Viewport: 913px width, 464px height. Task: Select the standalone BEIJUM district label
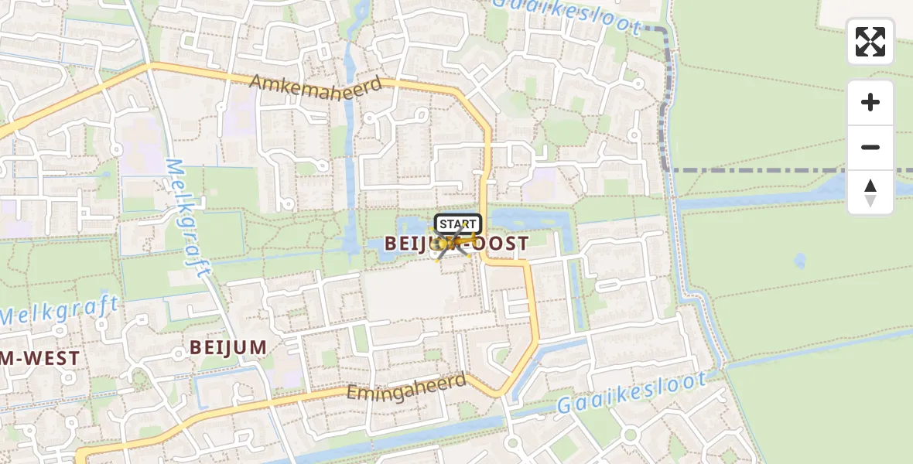coord(228,347)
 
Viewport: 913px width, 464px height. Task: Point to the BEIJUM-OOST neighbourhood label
coord(456,244)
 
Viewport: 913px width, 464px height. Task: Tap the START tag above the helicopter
coord(457,224)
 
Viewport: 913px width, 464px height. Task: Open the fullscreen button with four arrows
coord(870,42)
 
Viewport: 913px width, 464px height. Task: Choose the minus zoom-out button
coord(870,147)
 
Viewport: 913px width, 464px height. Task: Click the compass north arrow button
coord(870,193)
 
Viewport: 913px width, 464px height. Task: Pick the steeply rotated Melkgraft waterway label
coord(187,218)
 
